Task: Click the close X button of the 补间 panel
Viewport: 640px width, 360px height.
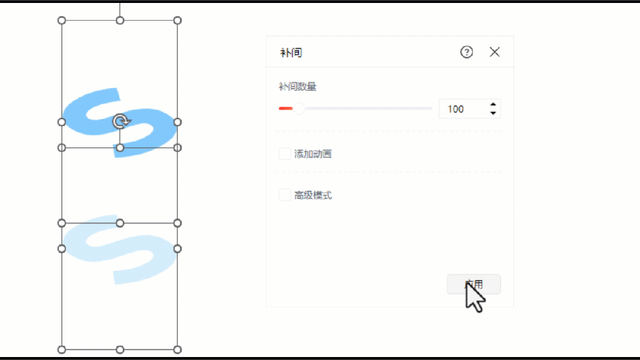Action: coord(495,52)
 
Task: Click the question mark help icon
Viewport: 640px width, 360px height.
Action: coord(467,52)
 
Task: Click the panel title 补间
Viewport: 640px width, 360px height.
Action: coord(291,53)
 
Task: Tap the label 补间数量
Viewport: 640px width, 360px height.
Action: coord(298,87)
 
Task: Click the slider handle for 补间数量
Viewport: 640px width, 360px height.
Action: coord(300,109)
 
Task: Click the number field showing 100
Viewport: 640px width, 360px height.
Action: coord(463,109)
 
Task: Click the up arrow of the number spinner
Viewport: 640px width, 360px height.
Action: coord(493,104)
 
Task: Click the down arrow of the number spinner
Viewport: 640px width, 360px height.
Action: coord(493,113)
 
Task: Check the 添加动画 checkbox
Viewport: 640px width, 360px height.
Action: coord(285,154)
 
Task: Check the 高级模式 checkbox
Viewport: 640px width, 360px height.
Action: coord(285,195)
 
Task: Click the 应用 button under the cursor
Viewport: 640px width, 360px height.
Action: coord(473,284)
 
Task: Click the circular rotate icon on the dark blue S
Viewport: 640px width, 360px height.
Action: coord(120,122)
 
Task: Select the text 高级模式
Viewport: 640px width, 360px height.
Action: coord(313,195)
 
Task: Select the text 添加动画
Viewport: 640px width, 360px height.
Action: coord(313,154)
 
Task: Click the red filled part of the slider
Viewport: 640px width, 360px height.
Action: coord(285,109)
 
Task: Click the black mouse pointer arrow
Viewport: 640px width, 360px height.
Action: coord(474,297)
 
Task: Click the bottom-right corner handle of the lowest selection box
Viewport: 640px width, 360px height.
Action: coord(177,349)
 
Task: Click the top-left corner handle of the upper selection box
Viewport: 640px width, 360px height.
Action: coord(62,20)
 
